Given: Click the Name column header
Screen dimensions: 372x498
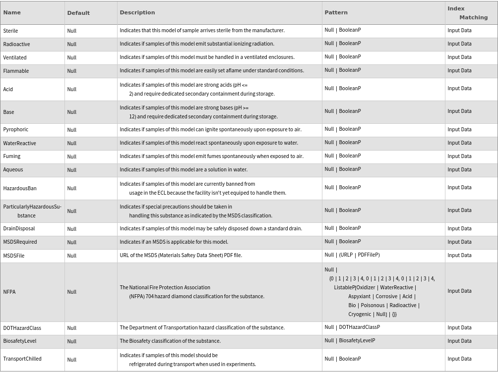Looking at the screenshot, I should [x=12, y=13].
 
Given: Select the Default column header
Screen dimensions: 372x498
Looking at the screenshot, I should [x=78, y=13].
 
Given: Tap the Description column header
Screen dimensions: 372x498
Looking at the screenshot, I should [x=137, y=12].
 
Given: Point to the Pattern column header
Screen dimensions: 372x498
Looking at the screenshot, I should [x=336, y=12].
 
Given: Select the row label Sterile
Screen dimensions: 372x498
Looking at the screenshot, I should [x=10, y=31].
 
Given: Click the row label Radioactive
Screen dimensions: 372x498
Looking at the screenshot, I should [x=16, y=44].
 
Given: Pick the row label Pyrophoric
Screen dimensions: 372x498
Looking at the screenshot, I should [x=16, y=130].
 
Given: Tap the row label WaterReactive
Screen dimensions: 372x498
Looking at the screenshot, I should [x=19, y=143].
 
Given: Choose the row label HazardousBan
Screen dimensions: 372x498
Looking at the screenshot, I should [x=20, y=188].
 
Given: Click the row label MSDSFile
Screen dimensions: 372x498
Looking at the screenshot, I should [x=14, y=256].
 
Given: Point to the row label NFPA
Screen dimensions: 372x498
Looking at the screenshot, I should [x=9, y=292].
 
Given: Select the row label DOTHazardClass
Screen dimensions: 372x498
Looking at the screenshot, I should [x=22, y=328].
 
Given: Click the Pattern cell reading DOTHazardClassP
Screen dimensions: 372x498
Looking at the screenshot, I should [x=352, y=327].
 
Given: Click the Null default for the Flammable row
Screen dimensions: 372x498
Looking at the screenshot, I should [x=72, y=71].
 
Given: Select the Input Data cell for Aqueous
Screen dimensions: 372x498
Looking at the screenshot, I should [x=459, y=169].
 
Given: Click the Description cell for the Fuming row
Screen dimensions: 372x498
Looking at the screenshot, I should [x=211, y=157].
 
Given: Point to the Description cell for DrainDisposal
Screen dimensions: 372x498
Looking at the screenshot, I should [x=211, y=229].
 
